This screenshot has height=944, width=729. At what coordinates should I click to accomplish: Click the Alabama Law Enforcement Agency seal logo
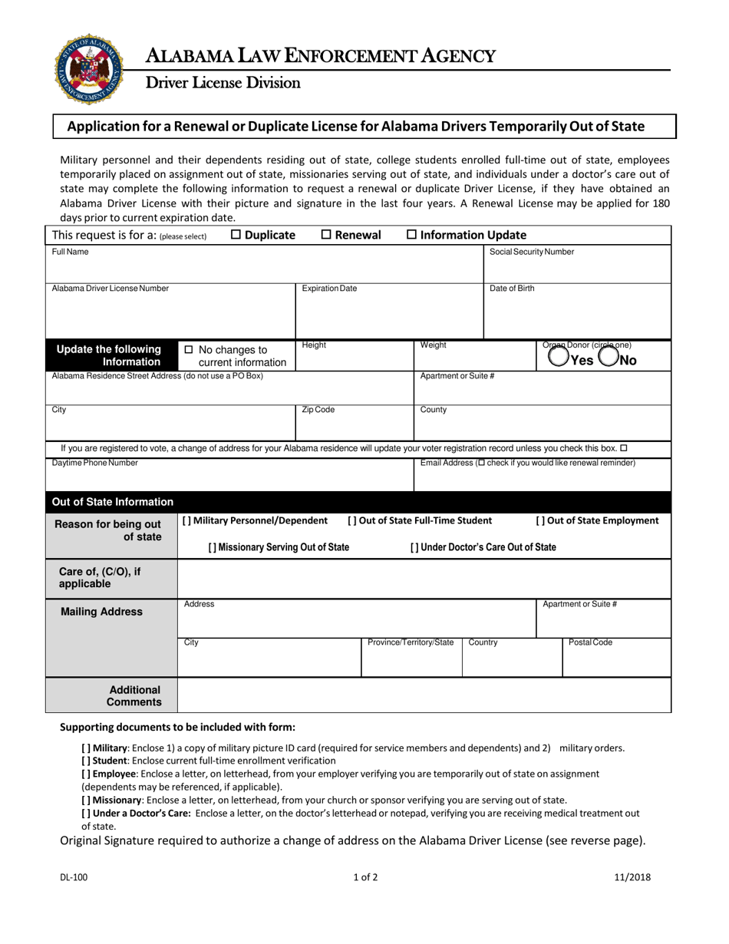click(89, 69)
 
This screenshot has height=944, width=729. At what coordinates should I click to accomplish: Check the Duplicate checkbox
click(236, 235)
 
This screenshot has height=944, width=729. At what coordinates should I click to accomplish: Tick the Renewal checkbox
click(325, 235)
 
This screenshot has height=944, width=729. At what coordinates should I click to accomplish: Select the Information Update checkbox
click(411, 235)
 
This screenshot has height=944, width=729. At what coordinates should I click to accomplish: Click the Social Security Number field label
click(531, 252)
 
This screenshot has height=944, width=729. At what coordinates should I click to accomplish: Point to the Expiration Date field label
click(329, 289)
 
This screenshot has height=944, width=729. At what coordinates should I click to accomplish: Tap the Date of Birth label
click(512, 289)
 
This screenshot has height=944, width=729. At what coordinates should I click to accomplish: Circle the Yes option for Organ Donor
click(559, 358)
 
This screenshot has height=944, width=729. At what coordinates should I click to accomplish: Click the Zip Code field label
click(318, 410)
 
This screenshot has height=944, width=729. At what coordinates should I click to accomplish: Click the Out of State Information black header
click(112, 502)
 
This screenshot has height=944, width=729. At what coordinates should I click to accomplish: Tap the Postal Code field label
click(590, 642)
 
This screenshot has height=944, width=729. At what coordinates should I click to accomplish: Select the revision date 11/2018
click(632, 877)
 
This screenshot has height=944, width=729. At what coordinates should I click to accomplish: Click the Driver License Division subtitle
click(223, 82)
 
